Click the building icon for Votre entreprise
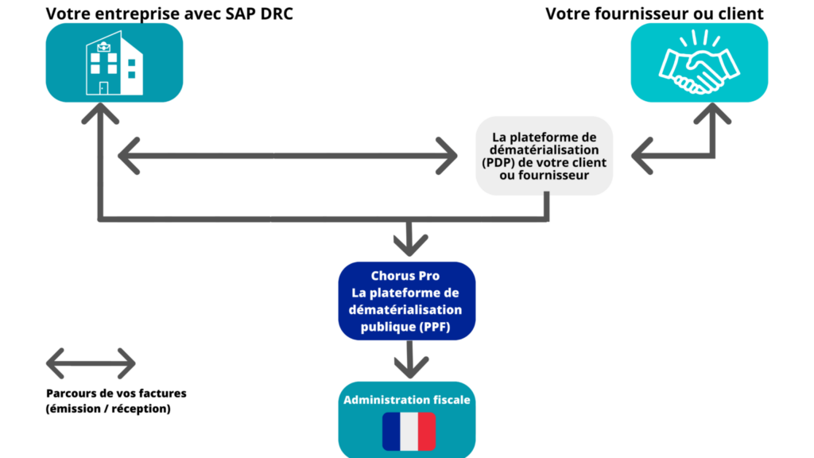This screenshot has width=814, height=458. [114, 63]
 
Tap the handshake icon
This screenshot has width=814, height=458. [700, 62]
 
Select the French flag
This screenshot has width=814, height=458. [409, 432]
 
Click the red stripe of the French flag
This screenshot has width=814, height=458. [427, 432]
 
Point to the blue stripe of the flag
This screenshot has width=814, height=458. [391, 432]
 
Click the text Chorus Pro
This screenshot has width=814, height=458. [405, 276]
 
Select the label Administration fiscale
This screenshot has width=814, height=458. [407, 400]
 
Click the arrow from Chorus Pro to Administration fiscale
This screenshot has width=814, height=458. [411, 359]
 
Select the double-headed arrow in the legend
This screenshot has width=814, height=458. [91, 363]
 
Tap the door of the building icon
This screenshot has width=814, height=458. [104, 87]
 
